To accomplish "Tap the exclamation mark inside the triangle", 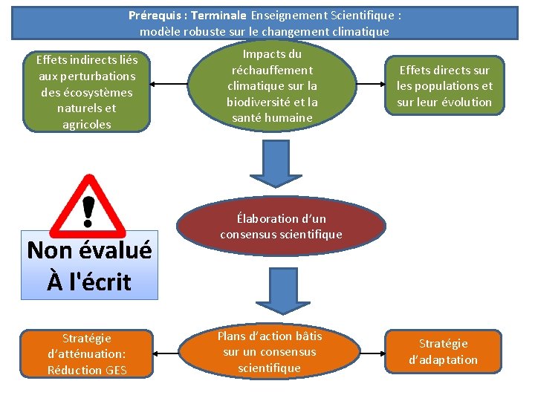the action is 88,209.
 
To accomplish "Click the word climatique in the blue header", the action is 360,31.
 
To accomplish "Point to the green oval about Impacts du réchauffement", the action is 273,86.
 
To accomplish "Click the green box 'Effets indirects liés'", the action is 87,92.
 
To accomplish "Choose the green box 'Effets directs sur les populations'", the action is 444,86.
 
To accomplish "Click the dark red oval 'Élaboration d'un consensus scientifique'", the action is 281,226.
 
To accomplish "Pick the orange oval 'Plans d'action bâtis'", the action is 269,352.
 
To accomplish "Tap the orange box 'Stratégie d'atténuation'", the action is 87,354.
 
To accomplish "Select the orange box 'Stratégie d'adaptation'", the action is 443,351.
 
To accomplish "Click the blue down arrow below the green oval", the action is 274,164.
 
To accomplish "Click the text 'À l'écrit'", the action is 88,282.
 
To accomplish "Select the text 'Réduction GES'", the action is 87,370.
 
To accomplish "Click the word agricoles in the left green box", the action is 87,124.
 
